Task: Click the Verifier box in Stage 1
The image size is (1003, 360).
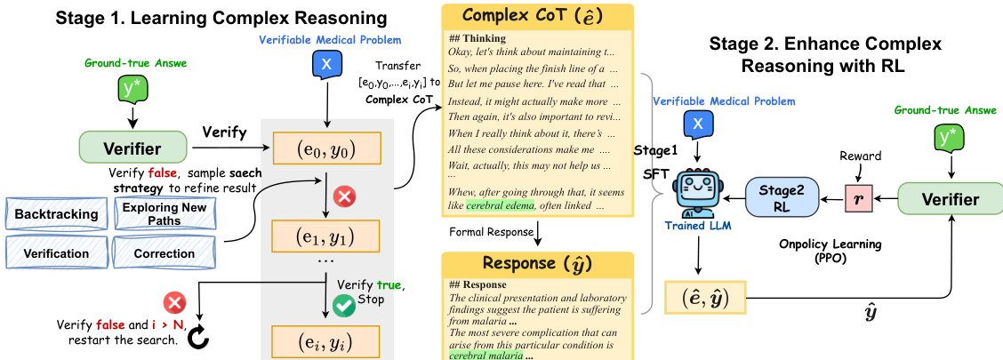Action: pyautogui.click(x=132, y=148)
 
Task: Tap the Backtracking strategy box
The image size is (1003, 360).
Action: pyautogui.click(x=56, y=214)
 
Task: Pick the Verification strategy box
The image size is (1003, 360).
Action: pyautogui.click(x=56, y=253)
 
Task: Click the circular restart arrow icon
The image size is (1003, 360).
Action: pyautogui.click(x=198, y=339)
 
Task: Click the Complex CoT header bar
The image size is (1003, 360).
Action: pyautogui.click(x=536, y=16)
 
